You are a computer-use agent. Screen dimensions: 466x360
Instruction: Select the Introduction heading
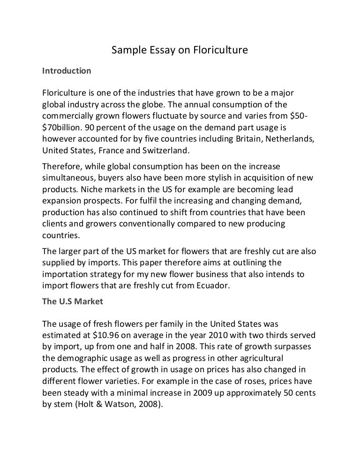pyautogui.click(x=67, y=71)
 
